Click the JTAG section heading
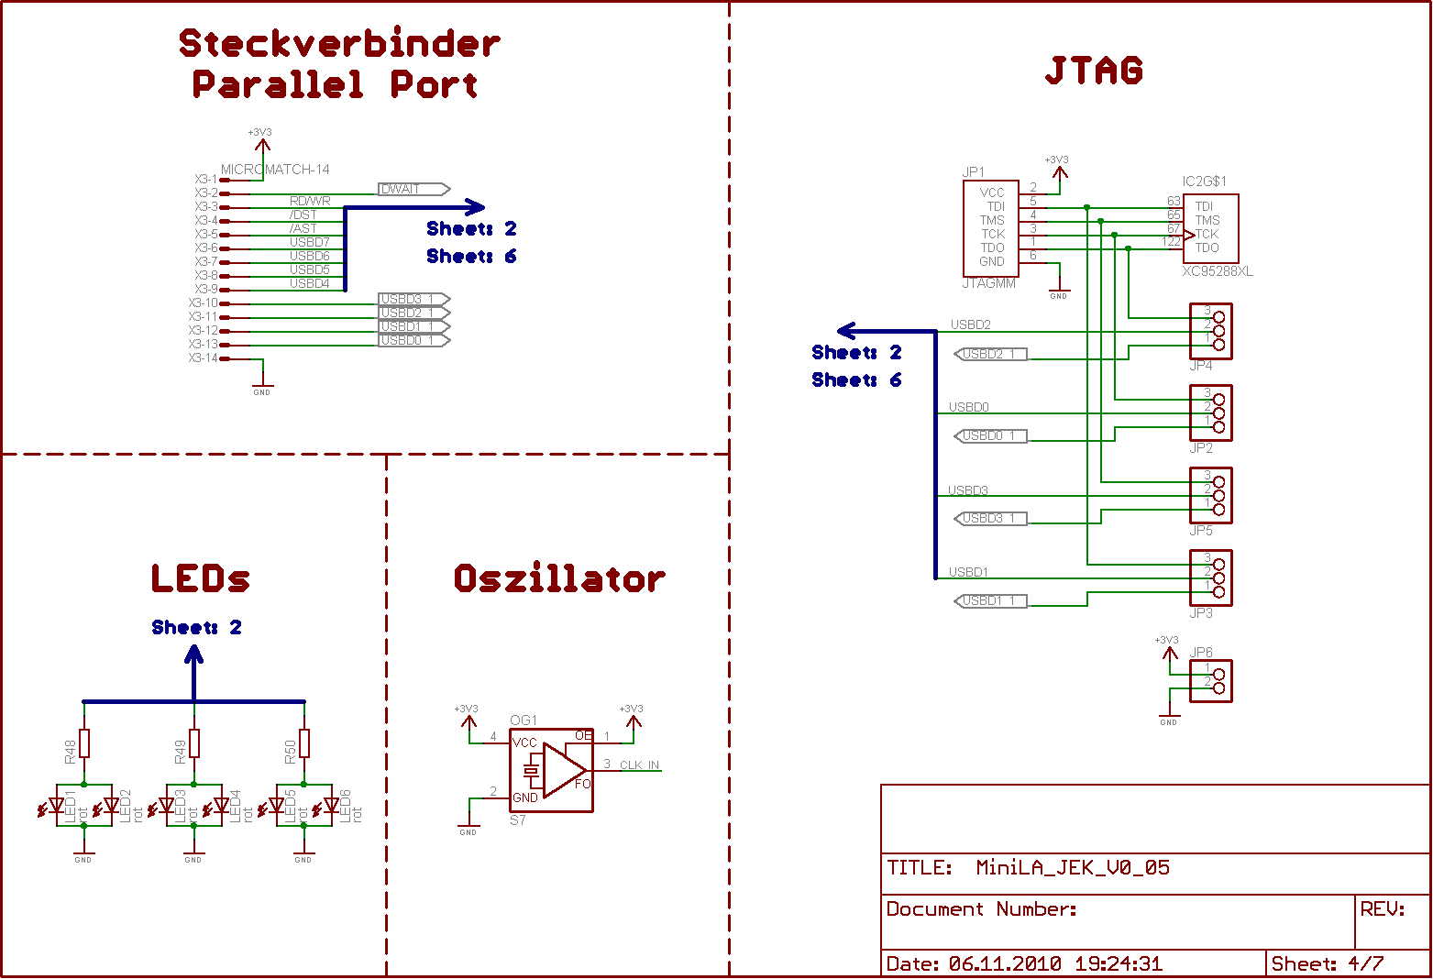coord(1094,71)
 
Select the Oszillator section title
coord(559,578)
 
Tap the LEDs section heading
coord(200,578)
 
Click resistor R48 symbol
coord(84,743)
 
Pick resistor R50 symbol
coord(304,743)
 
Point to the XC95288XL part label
coord(1217,271)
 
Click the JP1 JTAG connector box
coord(991,227)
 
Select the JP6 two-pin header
coord(1210,681)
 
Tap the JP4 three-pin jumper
coord(1210,331)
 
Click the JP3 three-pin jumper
coord(1210,577)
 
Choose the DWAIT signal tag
coord(413,189)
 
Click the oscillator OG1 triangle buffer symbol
coord(563,770)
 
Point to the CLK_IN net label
coord(639,765)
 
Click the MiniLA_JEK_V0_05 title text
coord(1073,867)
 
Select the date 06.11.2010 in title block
coord(1005,963)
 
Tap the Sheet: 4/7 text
coord(1328,963)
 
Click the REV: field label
coord(1383,908)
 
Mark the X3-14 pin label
coord(204,358)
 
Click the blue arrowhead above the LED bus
coord(193,654)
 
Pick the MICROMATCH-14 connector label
coord(275,170)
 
